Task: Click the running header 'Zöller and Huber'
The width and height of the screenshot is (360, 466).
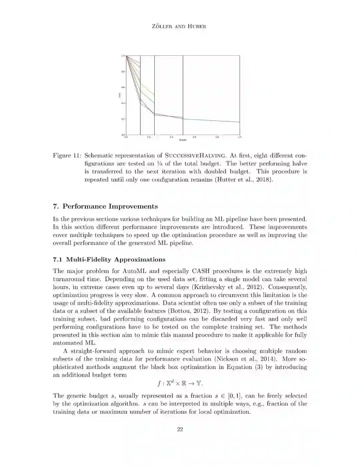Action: (180, 27)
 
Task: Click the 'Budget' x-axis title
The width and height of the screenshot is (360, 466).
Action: (183, 140)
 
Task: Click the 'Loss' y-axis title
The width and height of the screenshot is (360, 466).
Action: (120, 95)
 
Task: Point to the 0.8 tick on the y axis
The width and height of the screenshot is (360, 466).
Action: (123, 71)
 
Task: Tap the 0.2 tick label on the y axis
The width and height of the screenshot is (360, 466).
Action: (123, 119)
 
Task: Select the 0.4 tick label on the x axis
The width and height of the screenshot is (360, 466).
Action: (171, 137)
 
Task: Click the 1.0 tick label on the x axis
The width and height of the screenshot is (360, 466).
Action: (239, 137)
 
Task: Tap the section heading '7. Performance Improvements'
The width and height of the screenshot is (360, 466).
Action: (105, 206)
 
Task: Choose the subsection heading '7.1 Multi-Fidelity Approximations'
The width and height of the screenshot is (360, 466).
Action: (109, 260)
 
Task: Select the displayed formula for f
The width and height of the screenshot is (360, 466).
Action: (180, 383)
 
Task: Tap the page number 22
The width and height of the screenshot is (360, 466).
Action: (180, 429)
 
